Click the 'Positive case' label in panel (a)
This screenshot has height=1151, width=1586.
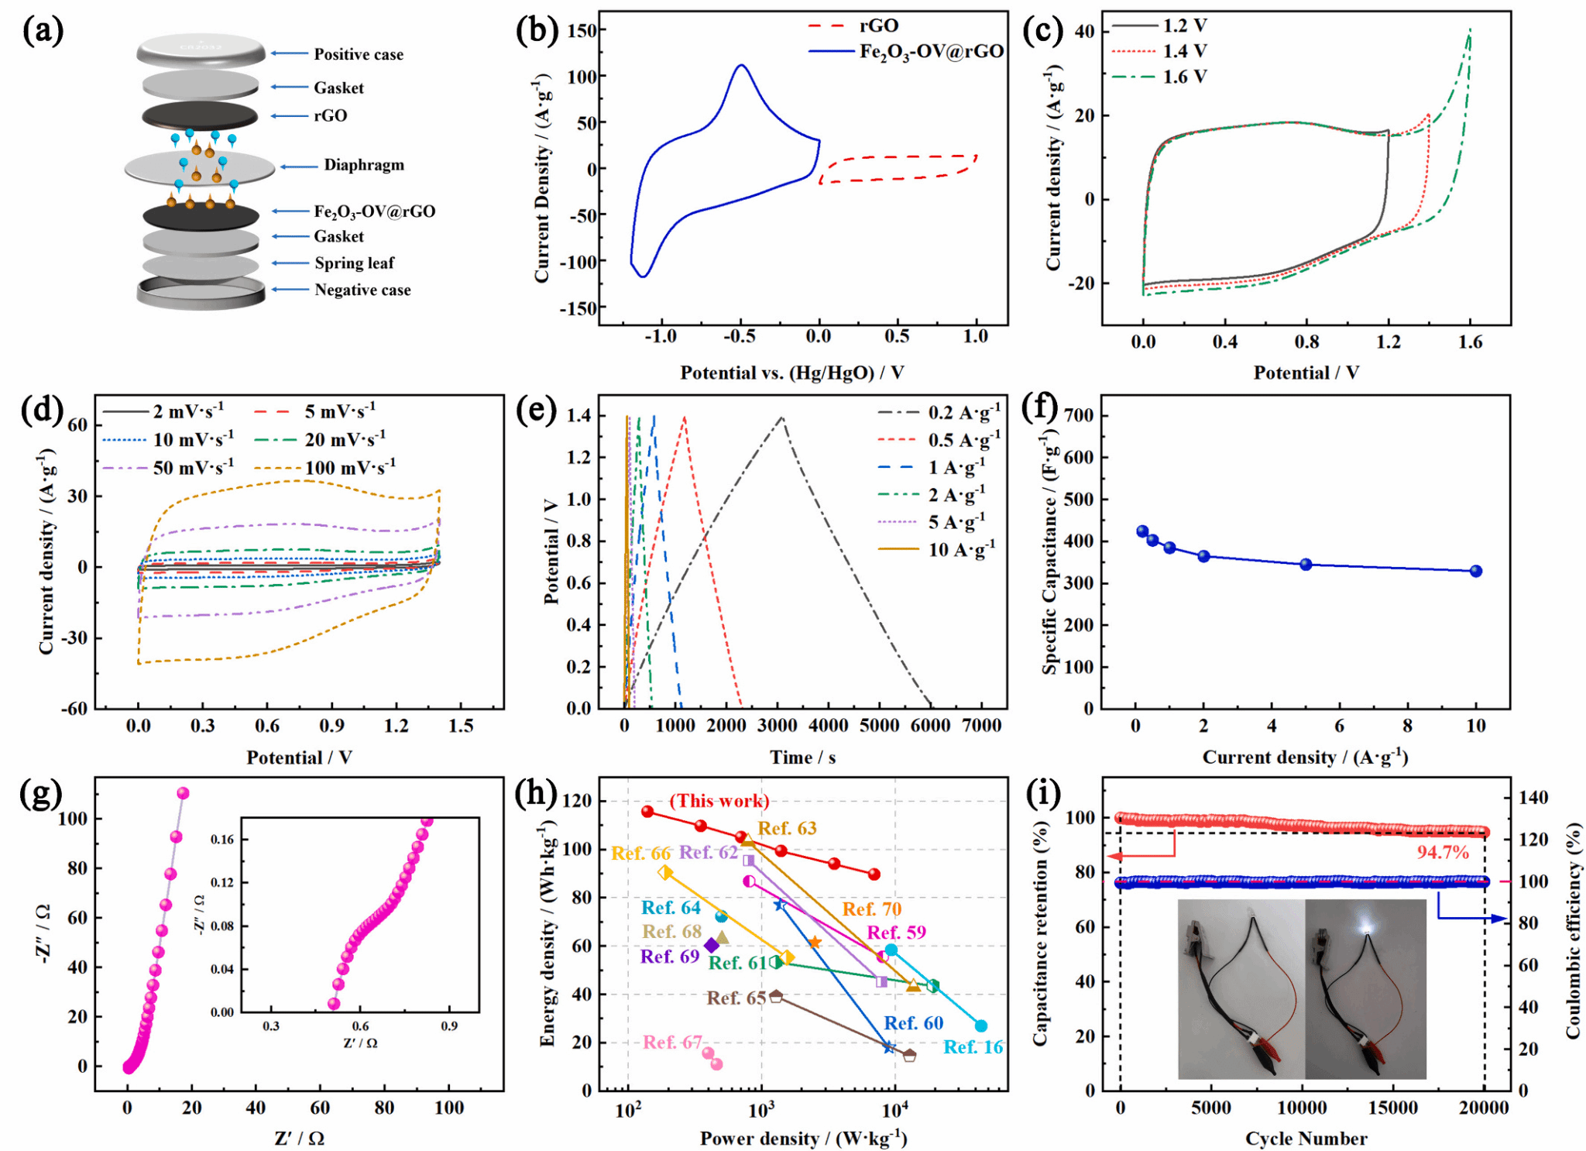tap(358, 54)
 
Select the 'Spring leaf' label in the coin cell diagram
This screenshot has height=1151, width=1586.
tap(354, 263)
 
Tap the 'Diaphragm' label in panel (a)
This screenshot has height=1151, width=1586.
tap(363, 165)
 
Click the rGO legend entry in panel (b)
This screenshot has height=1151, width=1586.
tap(878, 26)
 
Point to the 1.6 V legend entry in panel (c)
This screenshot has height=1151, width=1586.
tap(1184, 77)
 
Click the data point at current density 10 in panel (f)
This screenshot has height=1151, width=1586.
tap(1476, 571)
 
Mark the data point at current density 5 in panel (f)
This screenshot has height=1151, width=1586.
tap(1306, 564)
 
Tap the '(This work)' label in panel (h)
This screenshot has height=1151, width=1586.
tap(719, 801)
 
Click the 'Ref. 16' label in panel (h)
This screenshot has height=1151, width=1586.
tap(973, 1047)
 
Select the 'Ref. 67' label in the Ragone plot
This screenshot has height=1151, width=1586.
tap(672, 1043)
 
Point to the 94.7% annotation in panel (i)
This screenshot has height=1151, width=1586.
tap(1443, 853)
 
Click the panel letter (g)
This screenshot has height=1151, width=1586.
tap(41, 795)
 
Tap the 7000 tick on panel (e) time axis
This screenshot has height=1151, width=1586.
tap(981, 726)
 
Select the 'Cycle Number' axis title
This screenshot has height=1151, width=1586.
tap(1306, 1138)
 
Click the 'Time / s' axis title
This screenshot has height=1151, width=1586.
tap(802, 758)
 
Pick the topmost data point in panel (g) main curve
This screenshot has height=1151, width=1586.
tap(183, 793)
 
